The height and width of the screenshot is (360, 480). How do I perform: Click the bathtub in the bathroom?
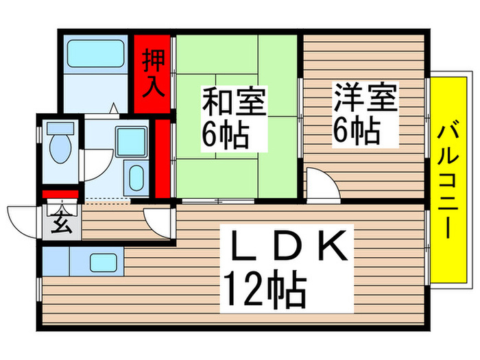(94, 52)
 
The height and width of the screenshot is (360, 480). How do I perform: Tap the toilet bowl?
(60, 145)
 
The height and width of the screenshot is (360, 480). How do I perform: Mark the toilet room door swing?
(93, 165)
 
